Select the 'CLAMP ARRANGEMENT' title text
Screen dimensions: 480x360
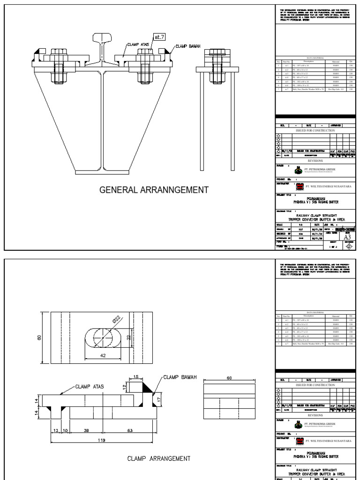point(158,458)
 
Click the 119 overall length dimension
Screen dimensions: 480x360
point(102,440)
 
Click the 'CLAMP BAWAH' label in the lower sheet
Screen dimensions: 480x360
point(181,376)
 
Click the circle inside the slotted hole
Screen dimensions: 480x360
point(103,337)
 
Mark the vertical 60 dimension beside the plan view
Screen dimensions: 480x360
point(40,337)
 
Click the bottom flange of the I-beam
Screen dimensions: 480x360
point(102,171)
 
